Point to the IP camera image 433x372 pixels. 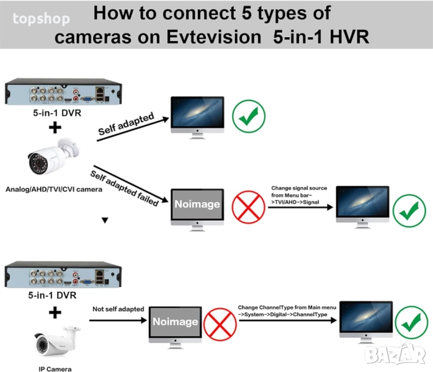56,342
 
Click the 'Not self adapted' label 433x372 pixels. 118,309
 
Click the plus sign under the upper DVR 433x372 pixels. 56,128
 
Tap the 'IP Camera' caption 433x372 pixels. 51,368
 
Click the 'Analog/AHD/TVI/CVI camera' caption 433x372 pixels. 53,189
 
